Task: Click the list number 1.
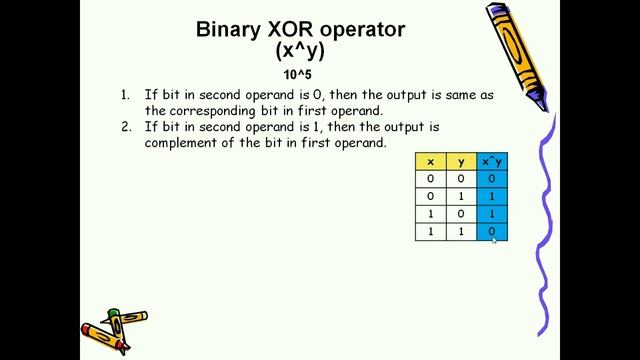pos(125,95)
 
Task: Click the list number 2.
pos(126,127)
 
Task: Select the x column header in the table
pos(431,162)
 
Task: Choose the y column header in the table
pos(461,162)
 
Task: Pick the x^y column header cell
pos(492,162)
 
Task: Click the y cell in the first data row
pos(461,179)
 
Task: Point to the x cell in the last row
pos(431,232)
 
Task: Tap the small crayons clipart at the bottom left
pos(113,328)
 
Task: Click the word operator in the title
pos(362,30)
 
